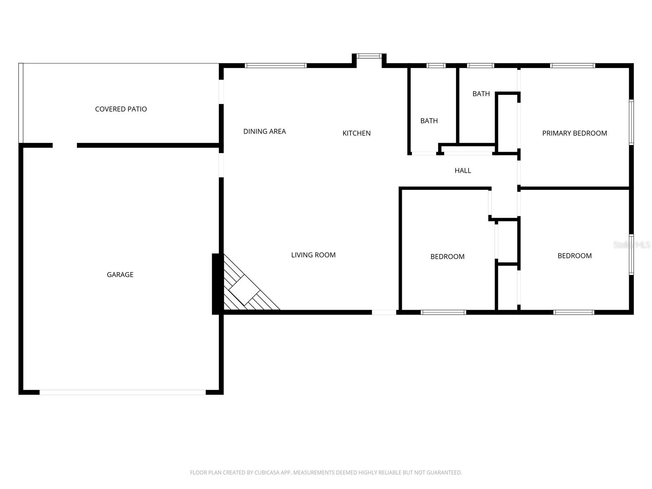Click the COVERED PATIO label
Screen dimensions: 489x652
121,109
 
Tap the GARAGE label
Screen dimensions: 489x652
120,275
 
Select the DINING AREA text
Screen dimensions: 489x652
264,131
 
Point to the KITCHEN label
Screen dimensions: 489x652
356,133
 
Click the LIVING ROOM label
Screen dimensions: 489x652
313,255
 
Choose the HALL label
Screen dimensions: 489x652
463,171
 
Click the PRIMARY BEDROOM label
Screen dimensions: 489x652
574,133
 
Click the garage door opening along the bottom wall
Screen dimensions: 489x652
122,392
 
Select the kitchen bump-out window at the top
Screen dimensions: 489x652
369,56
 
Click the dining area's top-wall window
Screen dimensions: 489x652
275,65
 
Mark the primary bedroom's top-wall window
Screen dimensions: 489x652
572,65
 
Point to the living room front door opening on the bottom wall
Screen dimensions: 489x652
384,312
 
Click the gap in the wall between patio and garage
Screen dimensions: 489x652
65,145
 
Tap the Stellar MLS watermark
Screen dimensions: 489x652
632,244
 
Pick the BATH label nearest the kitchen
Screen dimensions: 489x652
429,121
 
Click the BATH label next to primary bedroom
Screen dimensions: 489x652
481,94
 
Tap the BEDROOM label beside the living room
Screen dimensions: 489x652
447,257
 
